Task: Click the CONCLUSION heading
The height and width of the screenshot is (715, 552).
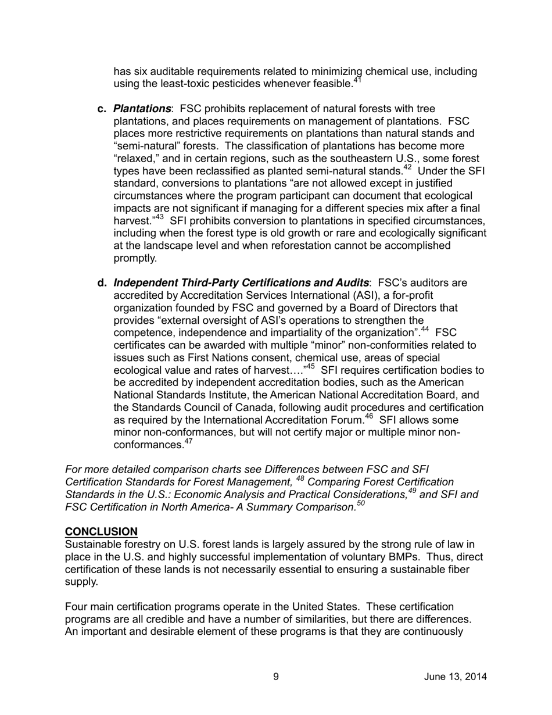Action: click(x=101, y=532)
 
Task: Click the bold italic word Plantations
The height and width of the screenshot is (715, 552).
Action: click(x=142, y=109)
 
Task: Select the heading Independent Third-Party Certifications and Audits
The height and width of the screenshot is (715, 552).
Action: click(x=241, y=283)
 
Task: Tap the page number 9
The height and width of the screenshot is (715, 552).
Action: click(x=276, y=677)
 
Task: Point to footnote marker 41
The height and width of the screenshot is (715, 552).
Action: click(x=357, y=81)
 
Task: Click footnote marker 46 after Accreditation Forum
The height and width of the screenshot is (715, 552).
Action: click(x=368, y=417)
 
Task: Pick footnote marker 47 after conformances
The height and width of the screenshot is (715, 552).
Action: click(x=188, y=442)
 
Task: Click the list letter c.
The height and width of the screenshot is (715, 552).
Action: click(x=102, y=109)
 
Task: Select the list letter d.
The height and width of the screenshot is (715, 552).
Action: click(x=102, y=283)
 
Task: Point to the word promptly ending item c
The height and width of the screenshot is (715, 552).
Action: click(x=135, y=258)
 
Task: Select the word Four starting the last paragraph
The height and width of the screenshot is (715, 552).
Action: click(x=77, y=607)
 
